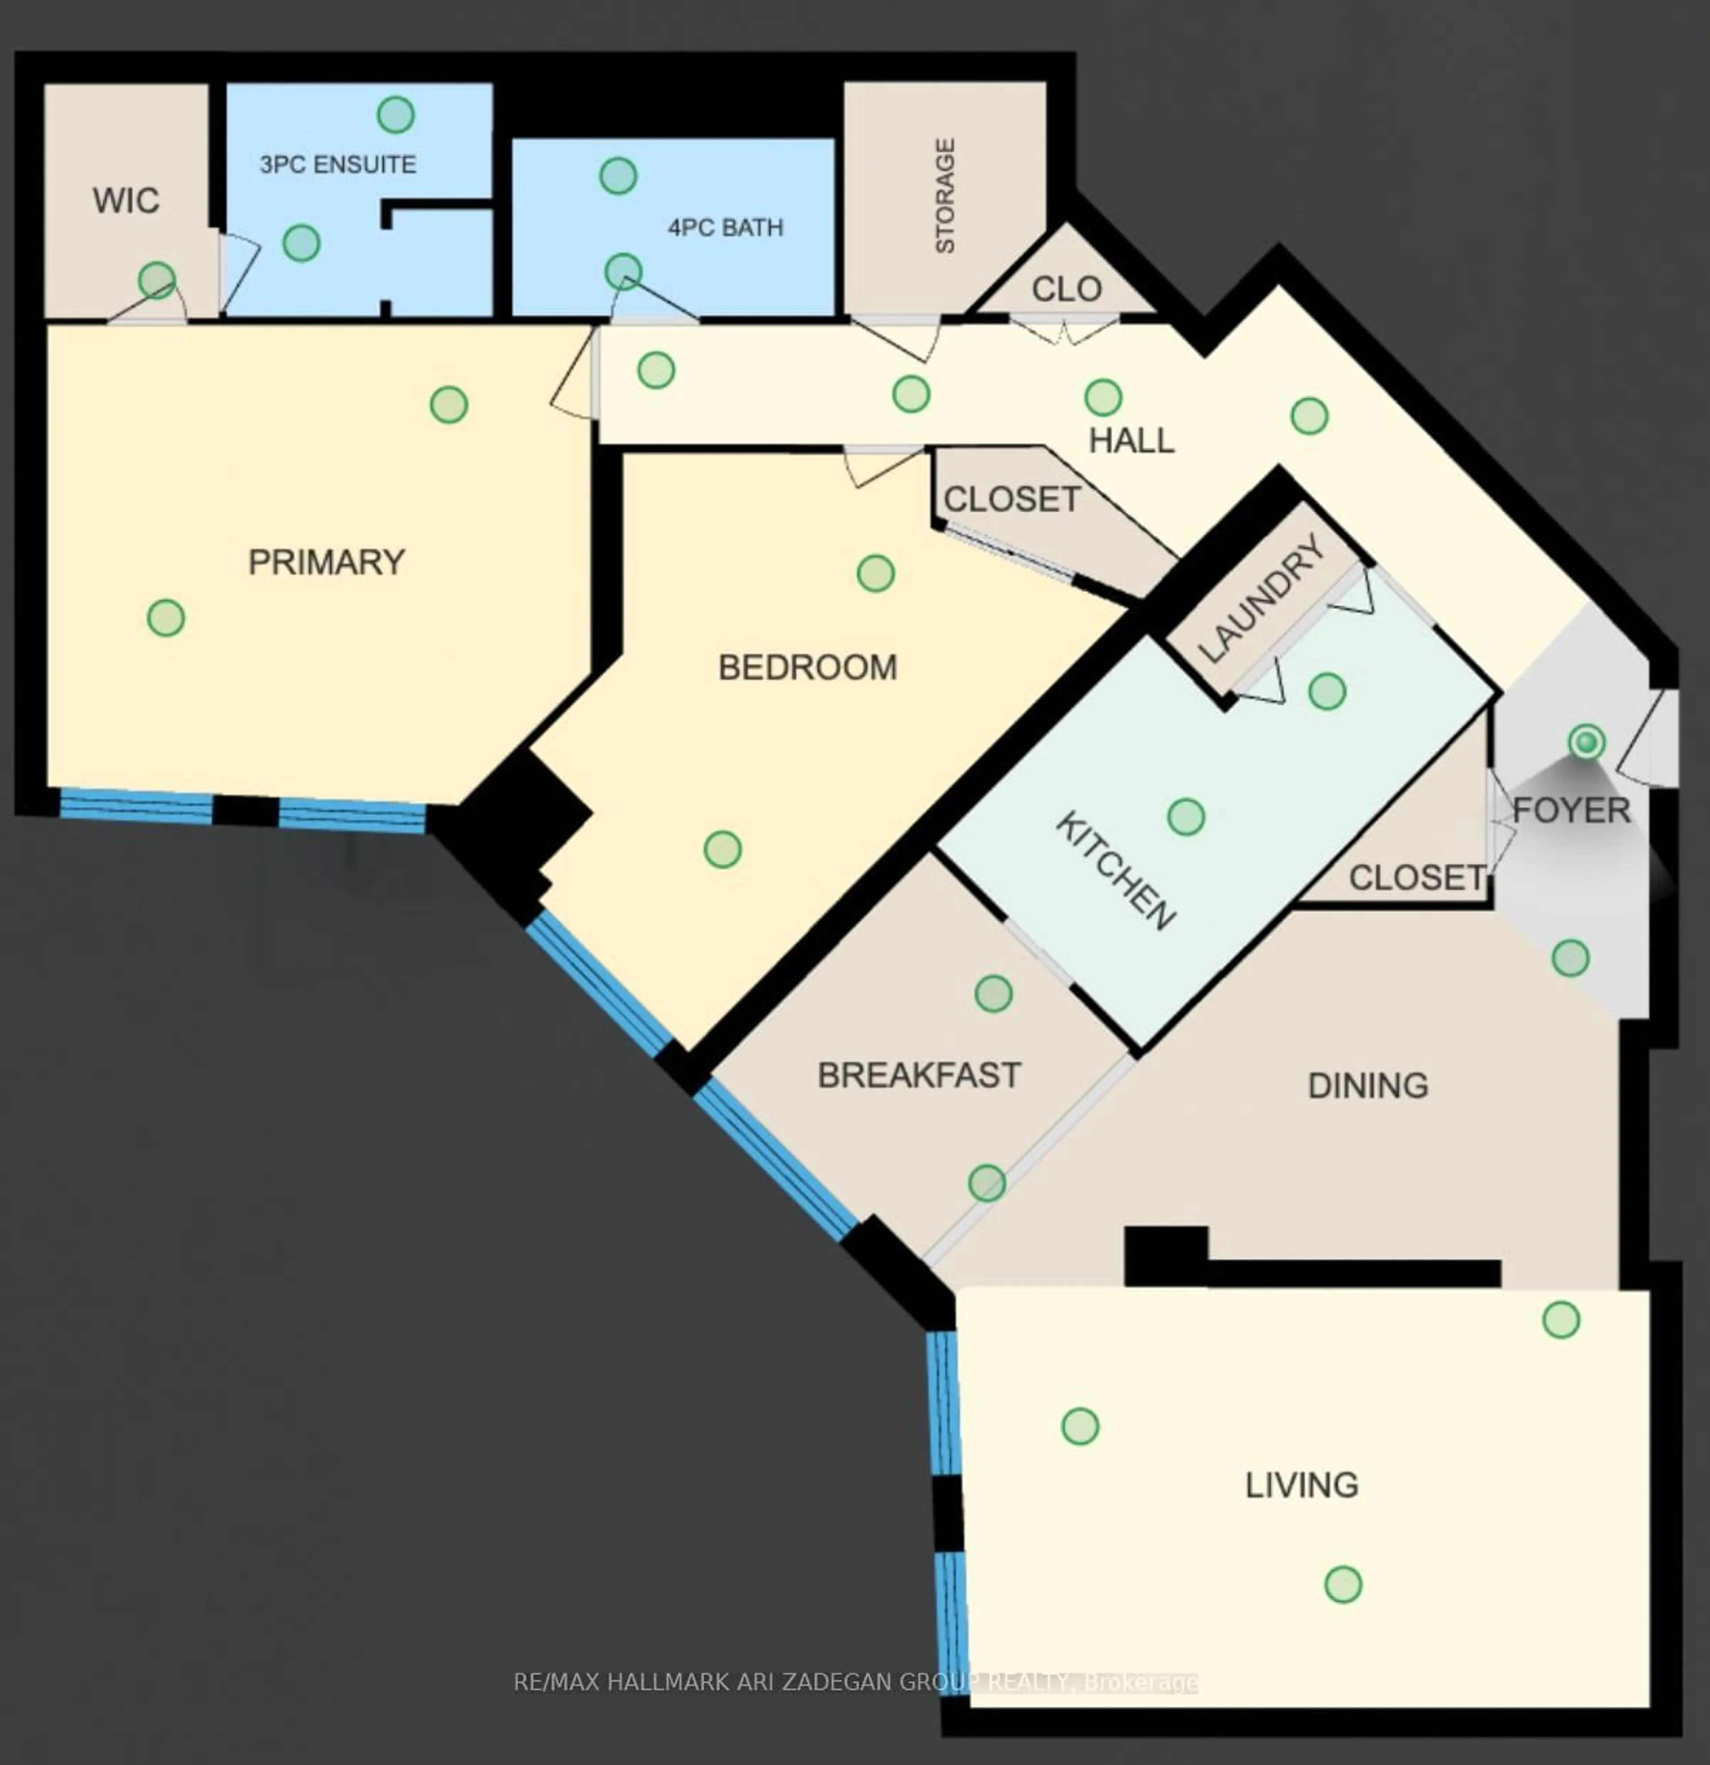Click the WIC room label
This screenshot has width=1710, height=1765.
click(x=126, y=201)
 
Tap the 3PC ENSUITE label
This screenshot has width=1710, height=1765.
click(x=338, y=165)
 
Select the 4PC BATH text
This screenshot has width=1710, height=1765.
click(x=725, y=228)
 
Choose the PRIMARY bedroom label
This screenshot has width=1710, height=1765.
click(x=326, y=563)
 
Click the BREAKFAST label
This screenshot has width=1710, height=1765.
click(x=919, y=1075)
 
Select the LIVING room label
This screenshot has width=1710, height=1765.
click(x=1301, y=1485)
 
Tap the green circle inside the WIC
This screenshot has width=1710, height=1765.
click(x=157, y=280)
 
